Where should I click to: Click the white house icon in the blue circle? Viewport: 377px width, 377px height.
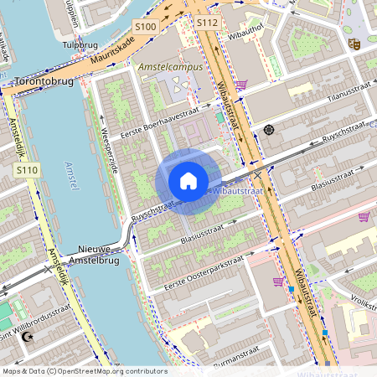[188, 180]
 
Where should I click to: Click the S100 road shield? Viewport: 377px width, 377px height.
[145, 27]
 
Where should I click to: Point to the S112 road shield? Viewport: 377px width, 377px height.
[208, 23]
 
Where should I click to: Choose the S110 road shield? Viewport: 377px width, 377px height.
[27, 170]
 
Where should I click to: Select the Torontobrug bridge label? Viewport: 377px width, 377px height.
[44, 81]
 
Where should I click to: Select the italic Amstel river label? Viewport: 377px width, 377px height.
[73, 167]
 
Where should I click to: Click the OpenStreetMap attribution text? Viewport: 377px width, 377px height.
[84, 370]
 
